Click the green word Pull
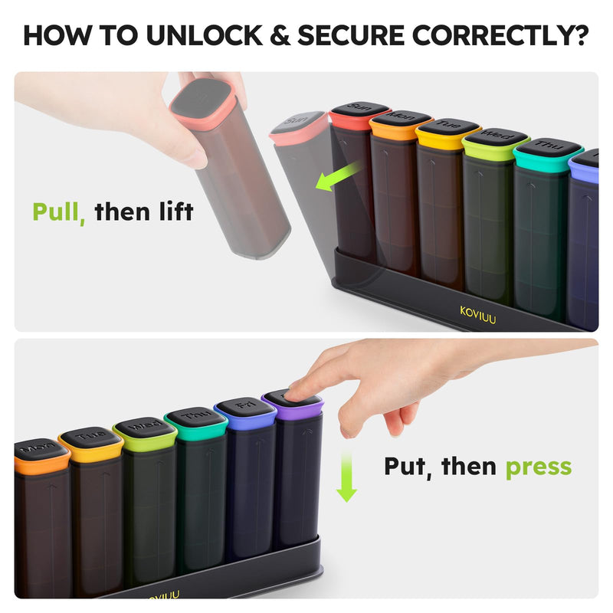(x=58, y=211)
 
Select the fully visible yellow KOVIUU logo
(x=478, y=314)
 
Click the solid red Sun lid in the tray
(x=359, y=116)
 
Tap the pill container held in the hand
(x=230, y=169)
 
